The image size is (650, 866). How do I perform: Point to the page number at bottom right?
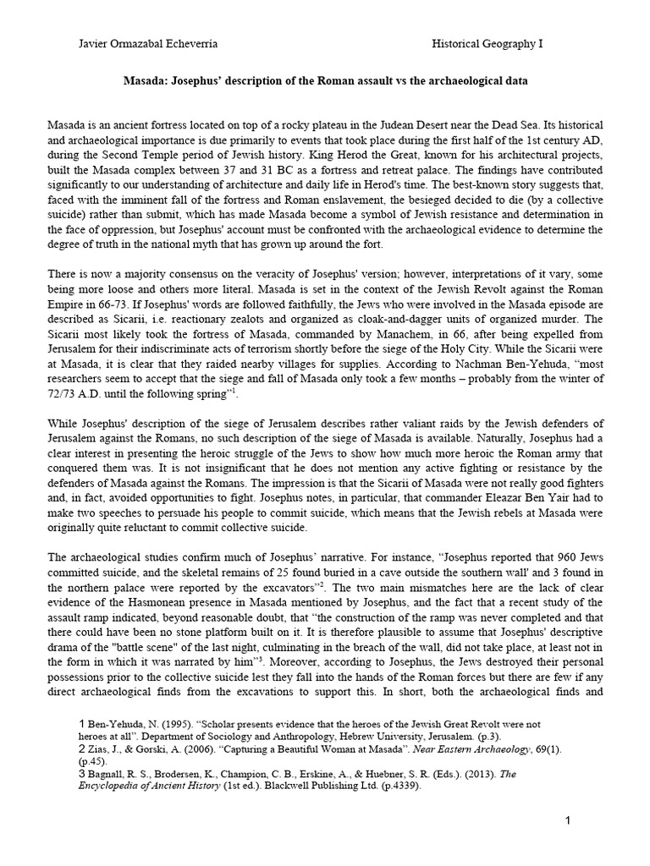click(570, 820)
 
